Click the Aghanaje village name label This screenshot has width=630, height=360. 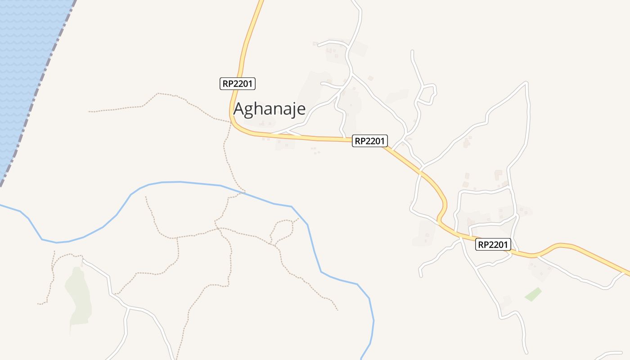[x=270, y=109]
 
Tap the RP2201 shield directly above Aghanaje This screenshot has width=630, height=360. [x=238, y=83]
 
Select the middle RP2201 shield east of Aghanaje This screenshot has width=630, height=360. [x=370, y=141]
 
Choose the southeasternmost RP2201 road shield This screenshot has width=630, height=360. [x=493, y=244]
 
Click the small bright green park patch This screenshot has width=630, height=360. [x=533, y=294]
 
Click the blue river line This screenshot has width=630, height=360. [x=180, y=182]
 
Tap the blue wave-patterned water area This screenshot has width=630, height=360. [x=22, y=67]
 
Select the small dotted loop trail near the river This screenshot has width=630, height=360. [x=283, y=230]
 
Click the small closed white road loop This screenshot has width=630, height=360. [x=428, y=94]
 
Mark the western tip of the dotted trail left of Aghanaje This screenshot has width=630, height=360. [x=89, y=111]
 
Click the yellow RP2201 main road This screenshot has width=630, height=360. [x=315, y=138]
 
